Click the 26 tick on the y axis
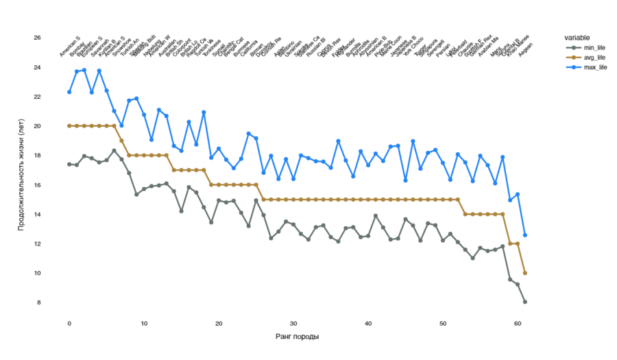click(37, 38)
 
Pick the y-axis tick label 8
click(39, 302)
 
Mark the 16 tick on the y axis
click(37, 185)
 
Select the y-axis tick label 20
click(37, 126)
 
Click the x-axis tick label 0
click(69, 323)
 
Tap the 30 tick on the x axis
click(293, 323)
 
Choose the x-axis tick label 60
click(518, 323)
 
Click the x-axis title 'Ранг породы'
click(297, 337)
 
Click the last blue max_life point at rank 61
click(525, 235)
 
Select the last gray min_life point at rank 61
click(525, 302)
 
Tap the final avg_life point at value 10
click(525, 273)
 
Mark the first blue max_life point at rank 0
click(69, 92)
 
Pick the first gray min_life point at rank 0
click(69, 164)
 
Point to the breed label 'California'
click(248, 49)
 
